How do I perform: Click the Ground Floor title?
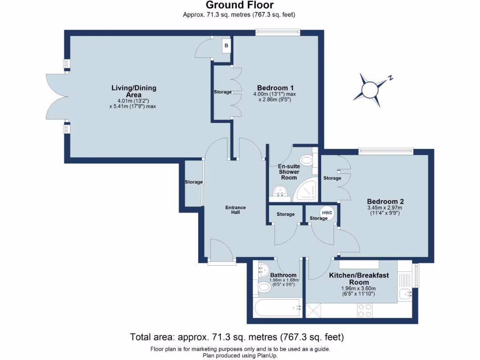pos(240,5)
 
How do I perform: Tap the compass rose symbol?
pos(370,88)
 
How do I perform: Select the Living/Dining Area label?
pos(134,91)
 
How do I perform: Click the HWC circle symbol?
pos(327,213)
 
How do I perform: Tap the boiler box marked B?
pos(226,46)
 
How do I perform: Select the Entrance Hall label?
pos(235,210)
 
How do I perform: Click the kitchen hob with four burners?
pos(365,310)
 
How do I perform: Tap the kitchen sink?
pos(405,294)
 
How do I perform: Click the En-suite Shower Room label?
pos(289,172)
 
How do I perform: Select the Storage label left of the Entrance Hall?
pos(193,182)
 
